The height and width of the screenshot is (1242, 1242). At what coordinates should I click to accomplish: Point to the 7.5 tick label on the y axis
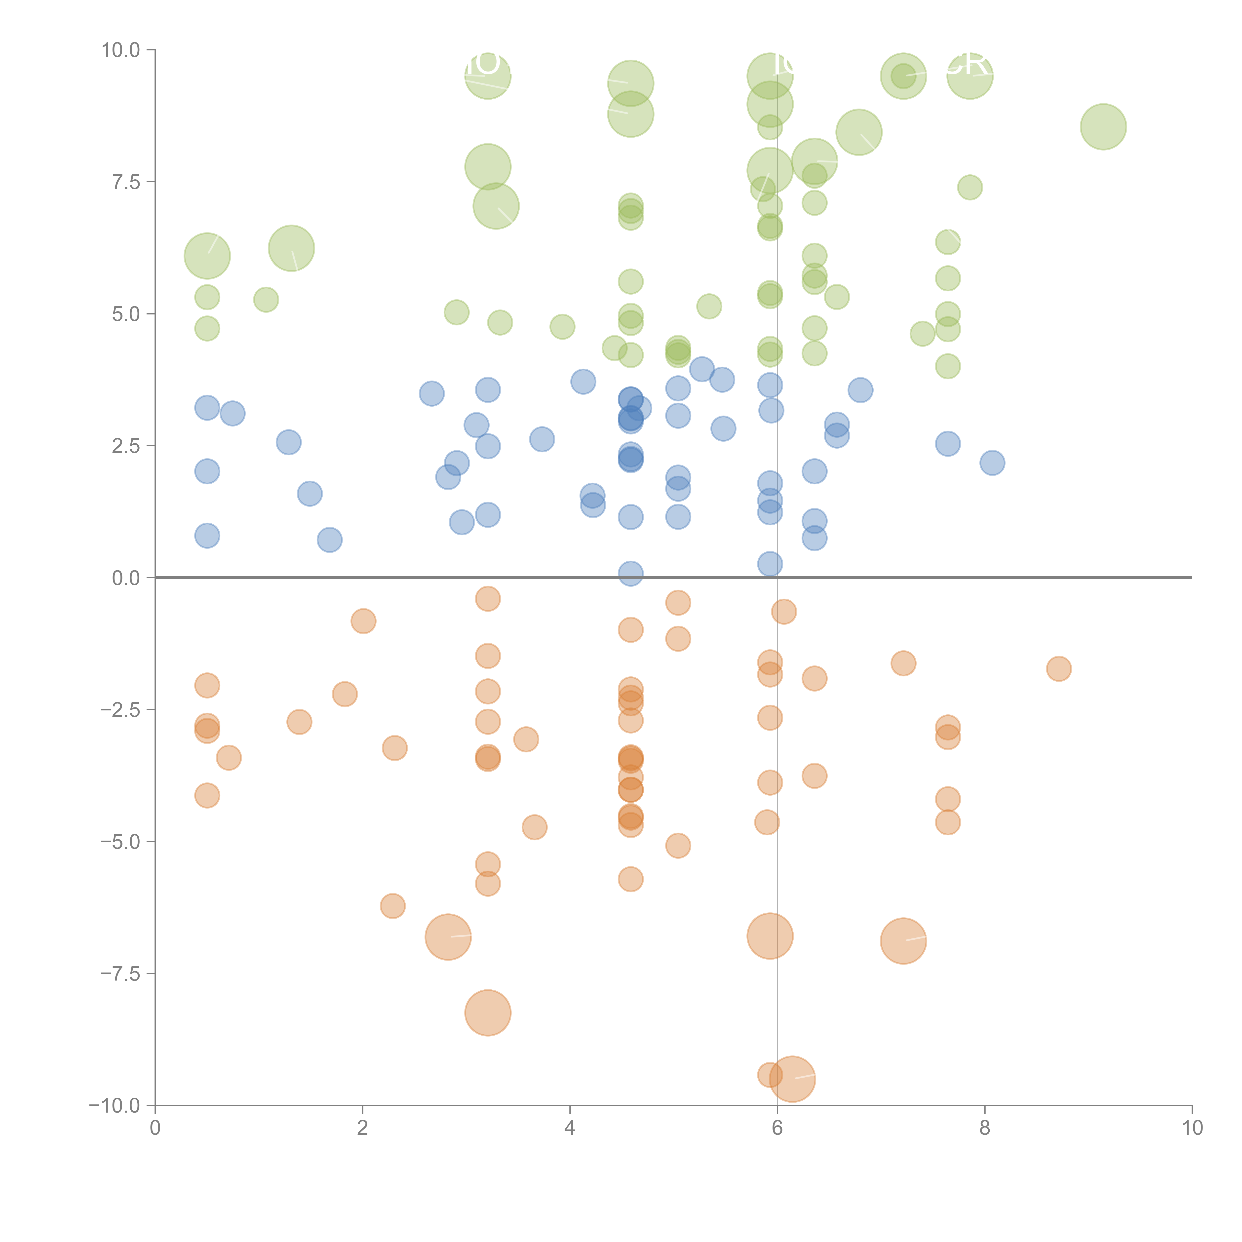tap(126, 182)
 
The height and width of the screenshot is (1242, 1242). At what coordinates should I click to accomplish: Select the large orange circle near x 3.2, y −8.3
tap(488, 1012)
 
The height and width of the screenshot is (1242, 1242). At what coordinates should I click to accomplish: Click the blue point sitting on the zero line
tap(631, 573)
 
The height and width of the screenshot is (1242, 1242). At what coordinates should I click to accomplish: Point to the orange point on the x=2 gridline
tap(363, 621)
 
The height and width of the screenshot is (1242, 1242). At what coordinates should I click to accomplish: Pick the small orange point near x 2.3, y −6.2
tap(393, 906)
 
